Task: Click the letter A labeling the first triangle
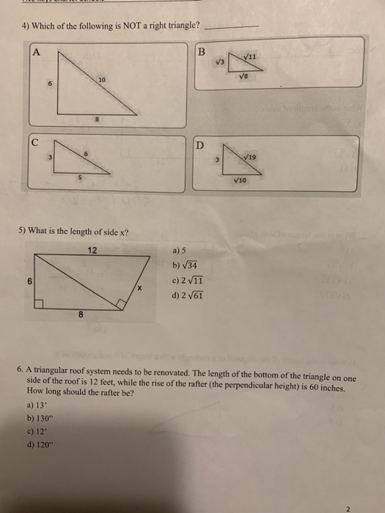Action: point(34,51)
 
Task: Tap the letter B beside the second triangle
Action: point(202,52)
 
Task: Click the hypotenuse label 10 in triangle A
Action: point(102,79)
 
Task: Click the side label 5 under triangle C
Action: point(81,178)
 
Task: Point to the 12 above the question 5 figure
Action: point(91,250)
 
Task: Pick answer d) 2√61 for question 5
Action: point(188,296)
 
